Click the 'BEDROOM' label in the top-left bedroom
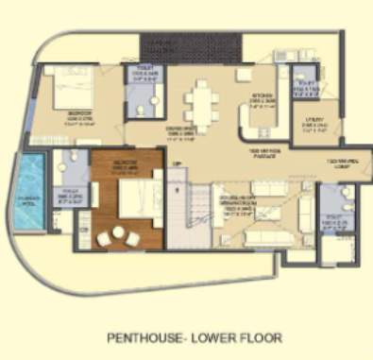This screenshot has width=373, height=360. pos(59,117)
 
